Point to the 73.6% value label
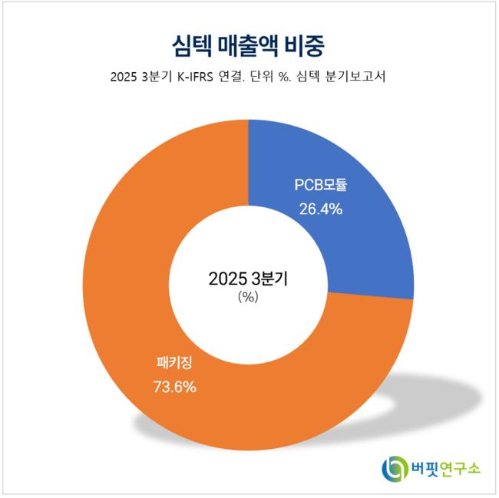tap(174, 386)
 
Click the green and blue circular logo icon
tap(396, 467)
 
